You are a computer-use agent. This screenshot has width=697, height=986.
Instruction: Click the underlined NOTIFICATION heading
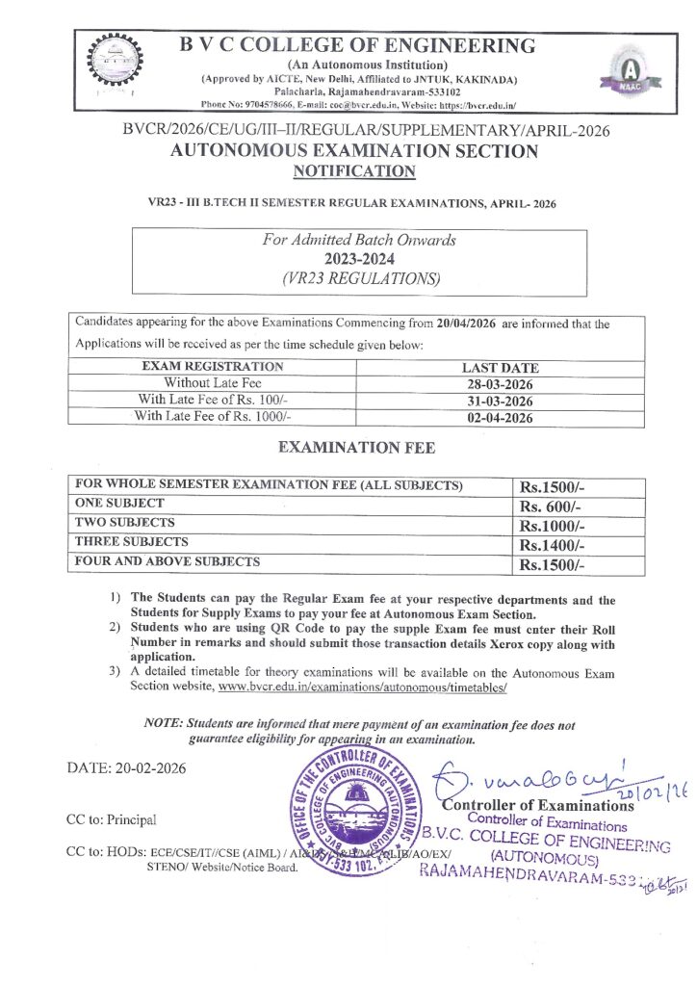[354, 171]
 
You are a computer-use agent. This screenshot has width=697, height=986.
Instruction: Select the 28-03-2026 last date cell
[500, 384]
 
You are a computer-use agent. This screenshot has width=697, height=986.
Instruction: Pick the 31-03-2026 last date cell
[500, 401]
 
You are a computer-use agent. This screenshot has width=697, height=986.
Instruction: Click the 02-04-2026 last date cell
[500, 418]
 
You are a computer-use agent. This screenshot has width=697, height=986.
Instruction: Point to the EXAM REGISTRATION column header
[212, 367]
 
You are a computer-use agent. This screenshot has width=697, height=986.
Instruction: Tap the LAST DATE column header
[500, 368]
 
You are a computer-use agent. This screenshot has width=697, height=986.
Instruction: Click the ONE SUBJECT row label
[119, 504]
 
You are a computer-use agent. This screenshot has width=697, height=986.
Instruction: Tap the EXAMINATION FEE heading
[356, 448]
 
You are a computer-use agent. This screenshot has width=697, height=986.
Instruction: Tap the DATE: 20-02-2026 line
[126, 768]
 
